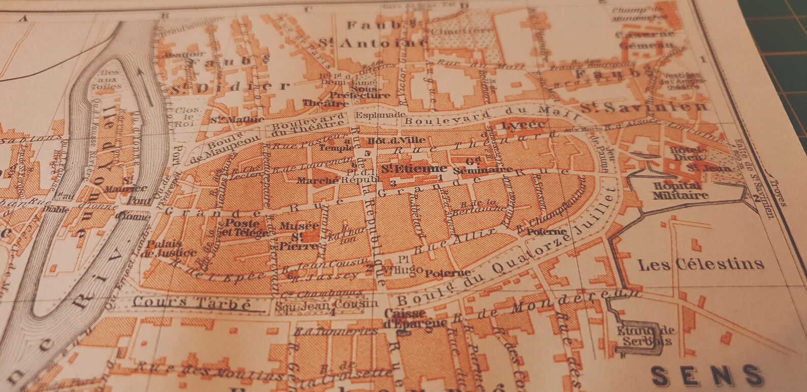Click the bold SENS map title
[x=706, y=376]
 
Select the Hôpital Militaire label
[x=680, y=191]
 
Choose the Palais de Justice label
[x=170, y=248]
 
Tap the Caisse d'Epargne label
[x=416, y=318]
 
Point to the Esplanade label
[x=373, y=115]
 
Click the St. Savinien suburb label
[x=644, y=108]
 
